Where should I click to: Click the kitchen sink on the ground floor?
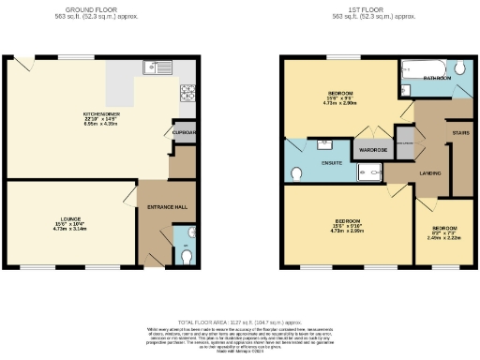click(155, 67)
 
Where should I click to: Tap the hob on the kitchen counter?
click(187, 93)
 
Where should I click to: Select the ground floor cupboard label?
click(185, 133)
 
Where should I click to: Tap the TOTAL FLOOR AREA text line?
click(241, 321)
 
